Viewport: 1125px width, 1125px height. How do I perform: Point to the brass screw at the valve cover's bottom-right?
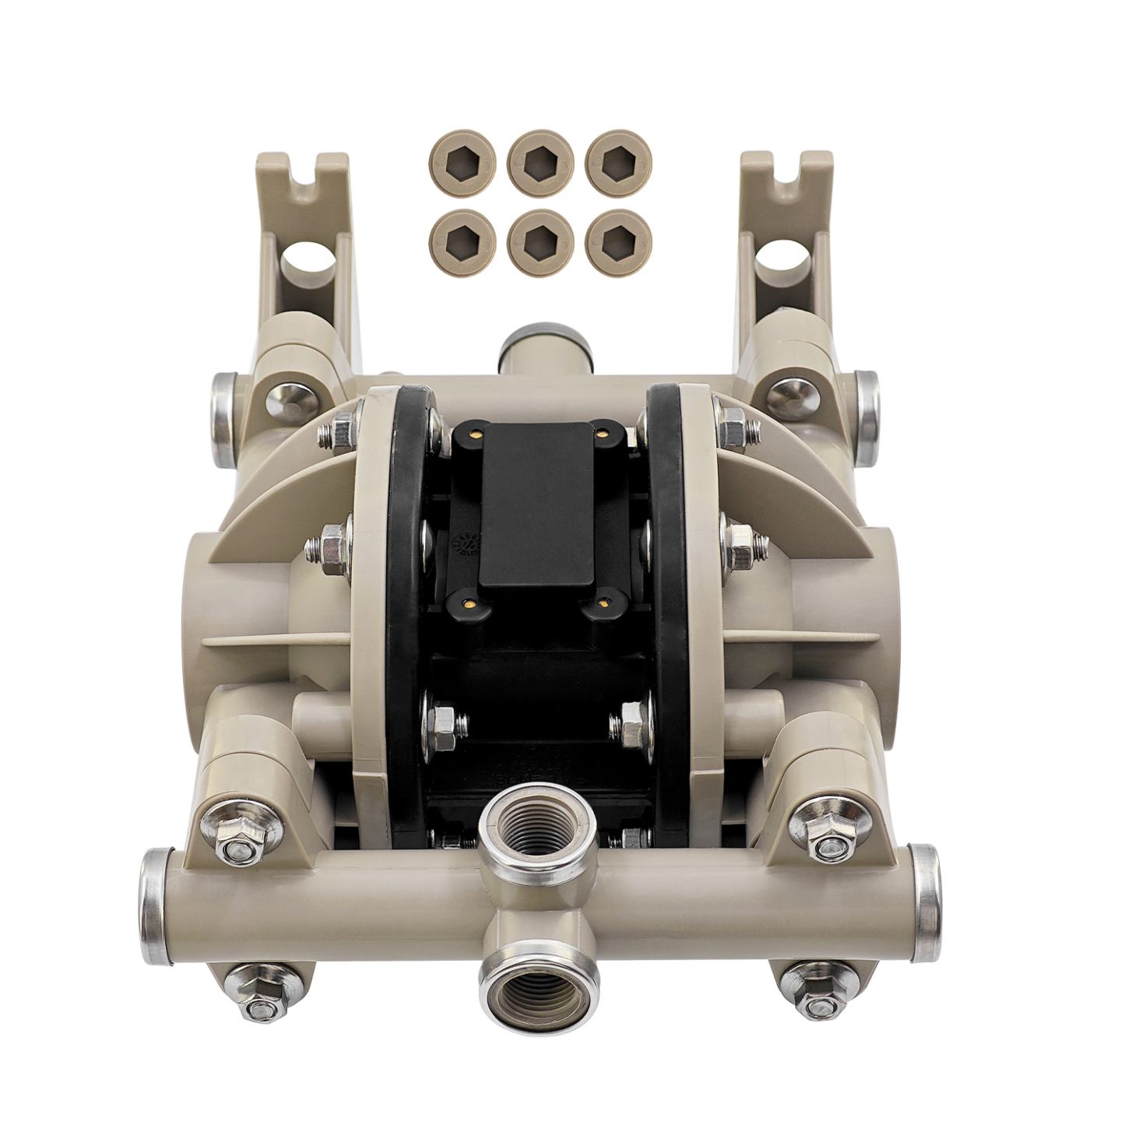click(x=606, y=600)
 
